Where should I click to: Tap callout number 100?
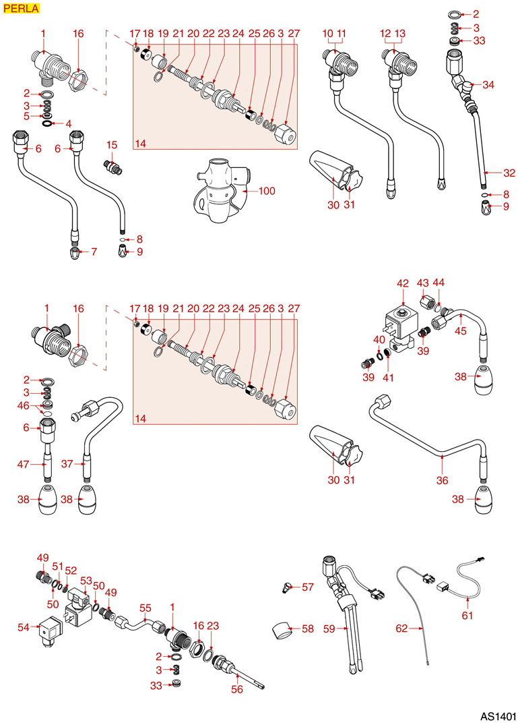coord(267,192)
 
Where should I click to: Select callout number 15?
coord(112,145)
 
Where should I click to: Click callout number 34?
coord(488,84)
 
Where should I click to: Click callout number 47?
coord(24,464)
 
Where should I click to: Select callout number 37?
coord(67,464)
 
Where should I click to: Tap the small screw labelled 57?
coord(287,587)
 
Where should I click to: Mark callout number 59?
coord(329,629)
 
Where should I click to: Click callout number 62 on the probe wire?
coord(401,629)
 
